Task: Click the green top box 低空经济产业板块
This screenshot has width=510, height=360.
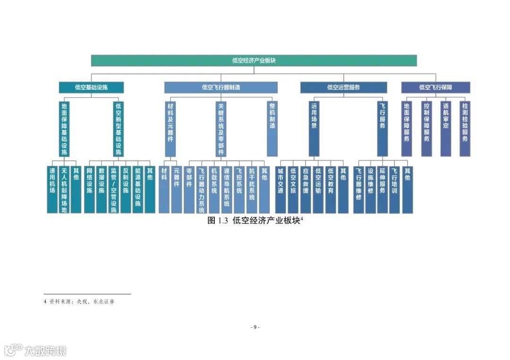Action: (x=254, y=60)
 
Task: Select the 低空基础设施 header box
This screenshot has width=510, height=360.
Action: (x=91, y=87)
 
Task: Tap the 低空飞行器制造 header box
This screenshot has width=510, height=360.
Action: (x=221, y=87)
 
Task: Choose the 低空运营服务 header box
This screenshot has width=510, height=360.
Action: (x=343, y=87)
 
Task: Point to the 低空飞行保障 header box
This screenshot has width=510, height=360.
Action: (x=435, y=87)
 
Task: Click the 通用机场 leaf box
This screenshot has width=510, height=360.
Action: (x=52, y=189)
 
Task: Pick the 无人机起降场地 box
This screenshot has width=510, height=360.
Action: (x=64, y=189)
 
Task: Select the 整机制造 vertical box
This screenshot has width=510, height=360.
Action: (x=272, y=128)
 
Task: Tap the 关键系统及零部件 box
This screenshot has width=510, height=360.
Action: (x=221, y=128)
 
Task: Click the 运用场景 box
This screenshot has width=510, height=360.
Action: (x=314, y=128)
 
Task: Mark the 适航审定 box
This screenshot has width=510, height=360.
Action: (x=446, y=128)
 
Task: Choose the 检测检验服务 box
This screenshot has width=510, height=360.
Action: (x=465, y=128)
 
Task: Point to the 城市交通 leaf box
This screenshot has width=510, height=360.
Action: (x=280, y=189)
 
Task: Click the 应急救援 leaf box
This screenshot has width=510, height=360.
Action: (x=306, y=189)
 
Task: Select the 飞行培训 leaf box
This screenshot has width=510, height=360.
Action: (x=394, y=189)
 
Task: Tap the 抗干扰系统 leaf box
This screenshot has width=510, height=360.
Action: (x=252, y=189)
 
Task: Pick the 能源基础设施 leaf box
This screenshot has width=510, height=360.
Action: (x=138, y=189)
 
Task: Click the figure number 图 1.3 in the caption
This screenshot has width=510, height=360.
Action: (x=218, y=221)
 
